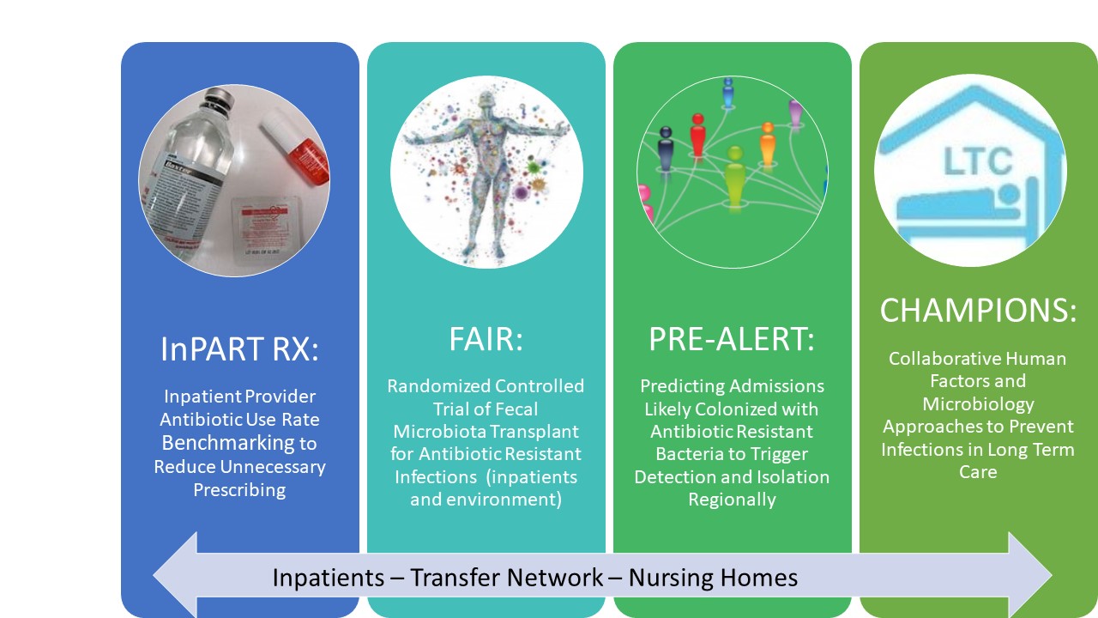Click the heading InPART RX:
(239, 348)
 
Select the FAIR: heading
(486, 339)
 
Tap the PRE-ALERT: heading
(732, 339)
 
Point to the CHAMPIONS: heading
(978, 310)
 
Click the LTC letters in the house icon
(978, 161)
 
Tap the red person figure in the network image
(697, 136)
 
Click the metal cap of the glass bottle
(218, 99)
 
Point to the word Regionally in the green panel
(732, 500)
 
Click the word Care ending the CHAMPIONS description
(978, 472)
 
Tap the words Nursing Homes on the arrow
(713, 578)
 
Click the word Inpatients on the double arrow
(328, 578)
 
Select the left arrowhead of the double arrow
(176, 575)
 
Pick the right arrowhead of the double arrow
(1030, 575)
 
